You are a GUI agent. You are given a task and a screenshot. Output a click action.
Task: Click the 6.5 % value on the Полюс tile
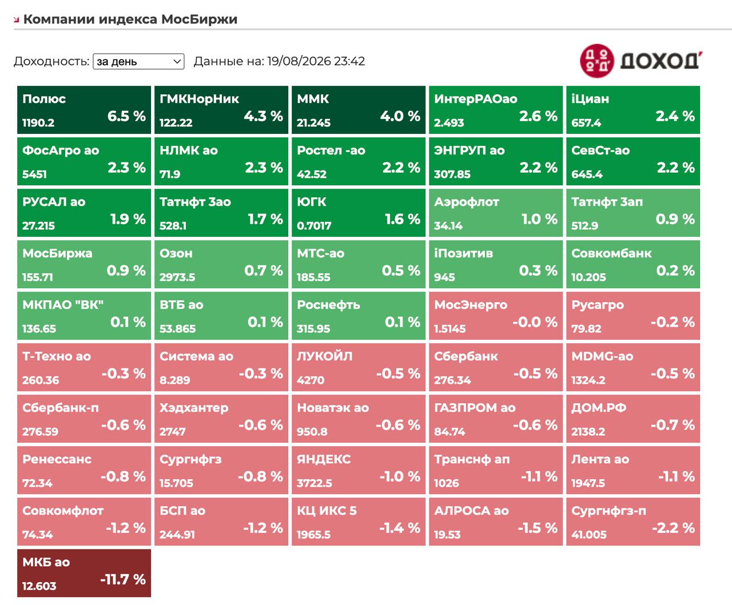tap(126, 116)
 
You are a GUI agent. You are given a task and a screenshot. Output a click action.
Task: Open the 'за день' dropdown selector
tap(138, 61)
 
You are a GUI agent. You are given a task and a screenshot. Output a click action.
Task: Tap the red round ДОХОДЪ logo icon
tap(596, 61)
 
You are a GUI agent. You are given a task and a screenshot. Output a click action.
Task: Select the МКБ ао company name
tap(46, 562)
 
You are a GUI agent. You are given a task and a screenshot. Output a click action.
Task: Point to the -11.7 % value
tap(123, 579)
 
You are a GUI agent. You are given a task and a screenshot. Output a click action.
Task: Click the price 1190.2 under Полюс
tap(38, 123)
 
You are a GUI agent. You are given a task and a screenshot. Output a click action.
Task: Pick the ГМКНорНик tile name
tap(199, 99)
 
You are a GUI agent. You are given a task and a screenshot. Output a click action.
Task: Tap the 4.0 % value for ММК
tap(400, 116)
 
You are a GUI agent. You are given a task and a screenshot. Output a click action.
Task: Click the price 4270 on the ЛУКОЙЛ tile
tap(311, 380)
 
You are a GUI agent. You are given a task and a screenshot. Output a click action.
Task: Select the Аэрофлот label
tap(467, 202)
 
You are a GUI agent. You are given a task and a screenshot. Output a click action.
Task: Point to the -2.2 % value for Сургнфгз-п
tap(674, 528)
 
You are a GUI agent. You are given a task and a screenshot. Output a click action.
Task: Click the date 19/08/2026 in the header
tap(299, 61)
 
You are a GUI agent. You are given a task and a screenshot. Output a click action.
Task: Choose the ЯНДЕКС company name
tap(324, 459)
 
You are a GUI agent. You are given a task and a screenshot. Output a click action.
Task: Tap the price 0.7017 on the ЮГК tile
tap(314, 226)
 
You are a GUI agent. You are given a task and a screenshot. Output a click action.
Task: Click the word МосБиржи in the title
tap(200, 19)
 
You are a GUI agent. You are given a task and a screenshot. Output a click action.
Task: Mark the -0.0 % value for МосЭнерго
tap(535, 322)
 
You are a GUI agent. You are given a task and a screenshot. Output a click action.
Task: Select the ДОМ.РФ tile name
tap(599, 408)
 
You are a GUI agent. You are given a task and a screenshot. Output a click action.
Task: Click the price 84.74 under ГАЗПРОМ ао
tap(449, 432)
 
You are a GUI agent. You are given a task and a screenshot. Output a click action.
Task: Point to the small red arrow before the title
tap(16, 20)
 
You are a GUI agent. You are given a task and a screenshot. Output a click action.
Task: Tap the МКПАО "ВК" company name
tap(63, 305)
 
